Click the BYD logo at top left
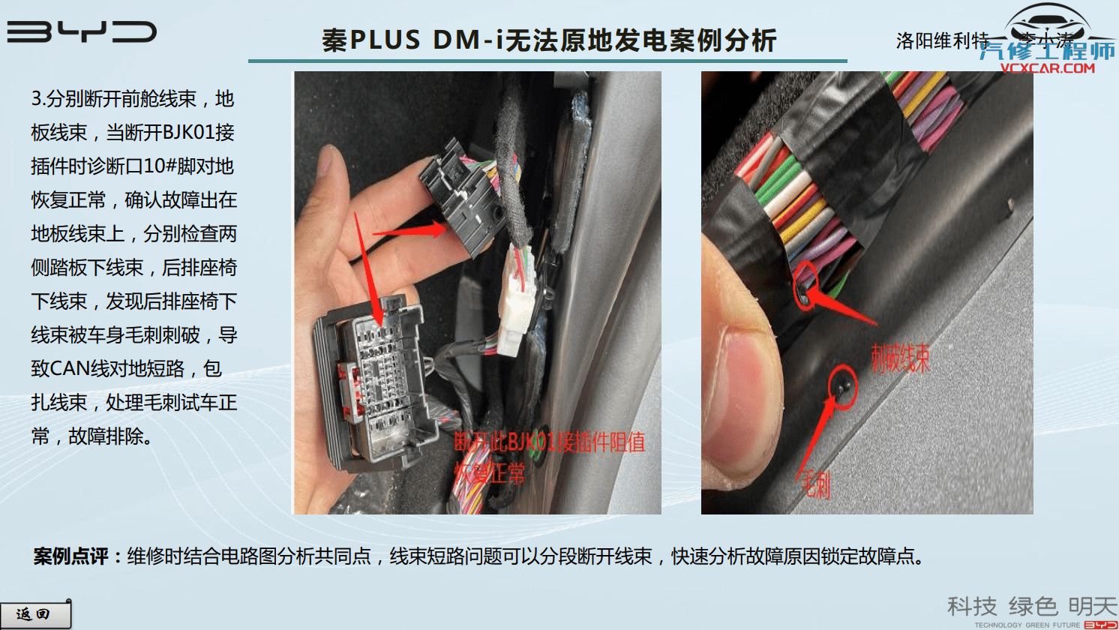(x=81, y=31)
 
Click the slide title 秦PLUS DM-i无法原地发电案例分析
(x=548, y=40)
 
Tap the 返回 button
(x=34, y=614)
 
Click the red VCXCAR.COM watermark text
(x=1047, y=68)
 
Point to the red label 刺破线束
(x=900, y=358)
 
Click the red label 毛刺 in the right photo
(x=815, y=486)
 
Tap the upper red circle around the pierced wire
(x=805, y=283)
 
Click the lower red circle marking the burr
(x=843, y=386)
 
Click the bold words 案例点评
(x=71, y=556)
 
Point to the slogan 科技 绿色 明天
(x=1031, y=606)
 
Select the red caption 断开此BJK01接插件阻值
(x=549, y=442)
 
